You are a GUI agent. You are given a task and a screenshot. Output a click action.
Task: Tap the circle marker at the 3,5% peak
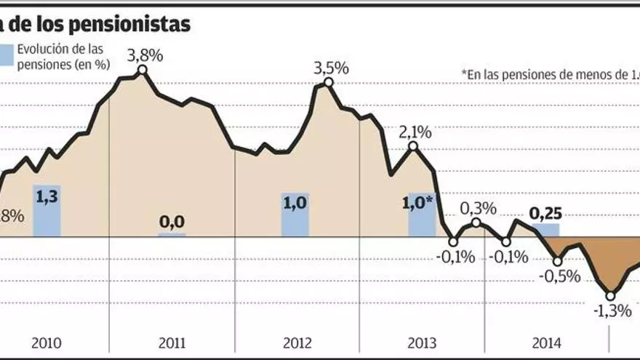pos(329,82)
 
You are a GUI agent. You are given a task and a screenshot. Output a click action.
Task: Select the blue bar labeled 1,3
pos(47,210)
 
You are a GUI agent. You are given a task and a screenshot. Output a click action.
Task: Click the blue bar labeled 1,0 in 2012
pos(295,215)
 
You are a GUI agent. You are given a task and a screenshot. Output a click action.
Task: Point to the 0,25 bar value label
pos(545,215)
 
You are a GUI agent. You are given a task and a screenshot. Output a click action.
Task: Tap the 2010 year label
pos(47,343)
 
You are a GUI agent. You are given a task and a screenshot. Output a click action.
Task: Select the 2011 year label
pos(172,343)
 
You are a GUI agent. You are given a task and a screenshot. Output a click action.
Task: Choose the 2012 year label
pos(297,343)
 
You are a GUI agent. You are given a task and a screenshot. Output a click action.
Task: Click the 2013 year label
pos(422,343)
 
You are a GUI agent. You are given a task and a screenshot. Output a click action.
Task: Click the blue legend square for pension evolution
pos(6,55)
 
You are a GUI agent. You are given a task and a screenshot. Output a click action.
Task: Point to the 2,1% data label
pos(415,132)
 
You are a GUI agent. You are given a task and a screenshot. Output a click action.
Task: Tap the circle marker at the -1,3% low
pos(610,295)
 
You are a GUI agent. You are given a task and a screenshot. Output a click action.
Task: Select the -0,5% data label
pos(559,276)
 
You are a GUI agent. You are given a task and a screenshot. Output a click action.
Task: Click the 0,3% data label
pos(478,208)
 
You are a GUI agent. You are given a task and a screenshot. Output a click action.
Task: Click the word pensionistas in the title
pos(136,24)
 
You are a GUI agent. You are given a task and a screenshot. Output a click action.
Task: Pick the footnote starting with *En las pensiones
pos(550,73)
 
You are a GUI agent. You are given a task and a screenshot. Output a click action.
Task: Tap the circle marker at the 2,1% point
pos(413,146)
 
